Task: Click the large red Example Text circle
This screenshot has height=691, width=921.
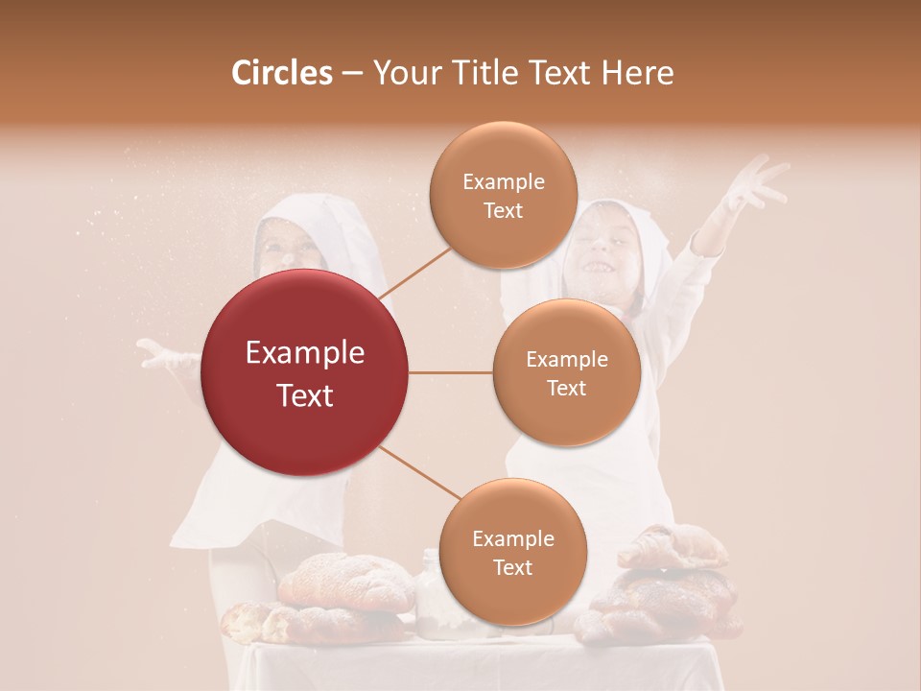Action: [304, 373]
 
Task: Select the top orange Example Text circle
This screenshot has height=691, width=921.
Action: [503, 195]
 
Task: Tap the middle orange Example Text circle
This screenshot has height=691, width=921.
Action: [566, 372]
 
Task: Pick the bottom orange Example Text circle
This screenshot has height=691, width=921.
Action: [512, 552]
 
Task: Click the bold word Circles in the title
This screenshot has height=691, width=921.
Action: [281, 73]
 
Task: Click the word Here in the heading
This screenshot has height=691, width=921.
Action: [638, 73]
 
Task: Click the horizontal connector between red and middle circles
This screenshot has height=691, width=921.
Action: [450, 372]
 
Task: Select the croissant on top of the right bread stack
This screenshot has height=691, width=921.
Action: [672, 546]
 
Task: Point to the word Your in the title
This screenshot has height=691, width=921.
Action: [404, 73]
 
